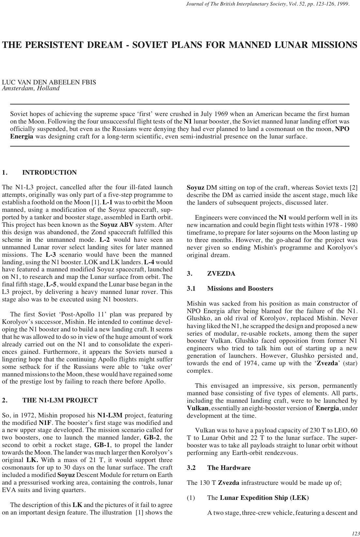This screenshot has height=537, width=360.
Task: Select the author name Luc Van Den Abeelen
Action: pyautogui.click(x=49, y=82)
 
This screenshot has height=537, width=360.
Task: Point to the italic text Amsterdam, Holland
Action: pyautogui.click(x=31, y=88)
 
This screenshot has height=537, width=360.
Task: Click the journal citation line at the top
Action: pyautogui.click(x=267, y=4)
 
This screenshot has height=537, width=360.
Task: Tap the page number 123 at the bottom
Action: pyautogui.click(x=355, y=533)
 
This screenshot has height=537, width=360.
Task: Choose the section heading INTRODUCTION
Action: pyautogui.click(x=50, y=173)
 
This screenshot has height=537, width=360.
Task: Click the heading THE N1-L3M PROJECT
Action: pyautogui.click(x=60, y=400)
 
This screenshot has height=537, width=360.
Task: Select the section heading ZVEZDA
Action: pyautogui.click(x=221, y=274)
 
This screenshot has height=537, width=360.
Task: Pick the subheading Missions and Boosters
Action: pyautogui.click(x=240, y=289)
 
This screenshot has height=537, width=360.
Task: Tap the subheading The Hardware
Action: pyautogui.click(x=229, y=468)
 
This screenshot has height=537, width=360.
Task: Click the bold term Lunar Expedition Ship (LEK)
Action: pyautogui.click(x=264, y=498)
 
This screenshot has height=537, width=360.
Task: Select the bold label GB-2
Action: pyautogui.click(x=151, y=438)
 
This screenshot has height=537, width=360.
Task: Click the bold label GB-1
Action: pyautogui.click(x=101, y=445)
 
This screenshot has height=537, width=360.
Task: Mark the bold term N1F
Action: pyautogui.click(x=45, y=423)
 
